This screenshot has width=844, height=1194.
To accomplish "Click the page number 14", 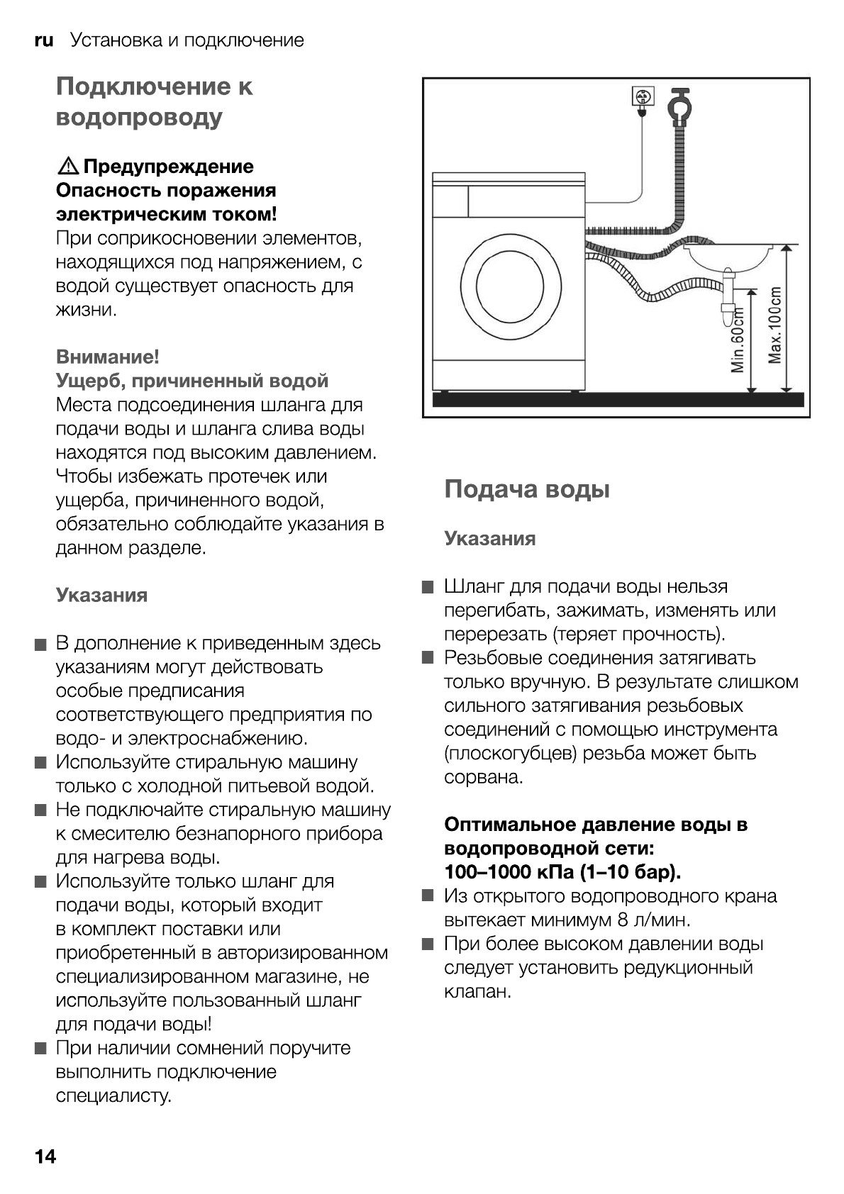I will coord(45,1156).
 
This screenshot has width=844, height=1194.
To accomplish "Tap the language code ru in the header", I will coord(43,40).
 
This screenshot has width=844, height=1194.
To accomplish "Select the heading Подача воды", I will coord(526,489).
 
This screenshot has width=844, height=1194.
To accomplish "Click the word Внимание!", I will coord(107,357).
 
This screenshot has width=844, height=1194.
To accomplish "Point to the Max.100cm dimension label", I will coord(775,325).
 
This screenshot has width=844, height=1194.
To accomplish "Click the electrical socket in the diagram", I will coord(642,96).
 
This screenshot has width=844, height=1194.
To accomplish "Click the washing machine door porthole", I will coord(510,286).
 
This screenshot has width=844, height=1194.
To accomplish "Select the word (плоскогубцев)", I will coord(510,753).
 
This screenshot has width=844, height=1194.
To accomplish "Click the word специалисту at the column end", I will coord(113,1095).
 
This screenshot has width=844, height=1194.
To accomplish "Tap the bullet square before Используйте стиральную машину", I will coord(40,763).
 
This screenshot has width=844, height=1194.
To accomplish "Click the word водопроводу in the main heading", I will coord(139,117).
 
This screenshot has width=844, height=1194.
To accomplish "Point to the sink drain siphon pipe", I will coord(726,298).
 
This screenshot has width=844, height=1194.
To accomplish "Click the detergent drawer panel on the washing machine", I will coord(450,201).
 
